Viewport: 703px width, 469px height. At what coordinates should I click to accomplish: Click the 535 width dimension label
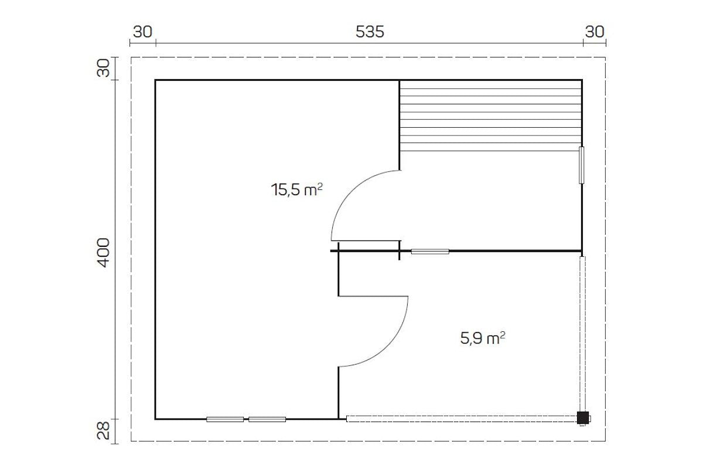point(370,32)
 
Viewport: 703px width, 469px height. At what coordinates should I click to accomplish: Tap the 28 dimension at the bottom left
point(104,430)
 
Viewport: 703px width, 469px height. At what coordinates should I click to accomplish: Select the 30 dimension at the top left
point(142,32)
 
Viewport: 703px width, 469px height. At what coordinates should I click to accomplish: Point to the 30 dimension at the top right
point(595,32)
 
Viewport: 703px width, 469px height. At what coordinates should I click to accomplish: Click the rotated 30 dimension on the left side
point(104,68)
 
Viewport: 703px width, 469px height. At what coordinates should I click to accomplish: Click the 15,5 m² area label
point(296,190)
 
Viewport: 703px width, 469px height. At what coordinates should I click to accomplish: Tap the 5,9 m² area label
point(483,338)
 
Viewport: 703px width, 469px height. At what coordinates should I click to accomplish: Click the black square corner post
point(583,418)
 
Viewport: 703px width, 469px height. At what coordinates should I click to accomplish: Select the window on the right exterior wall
point(582,165)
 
